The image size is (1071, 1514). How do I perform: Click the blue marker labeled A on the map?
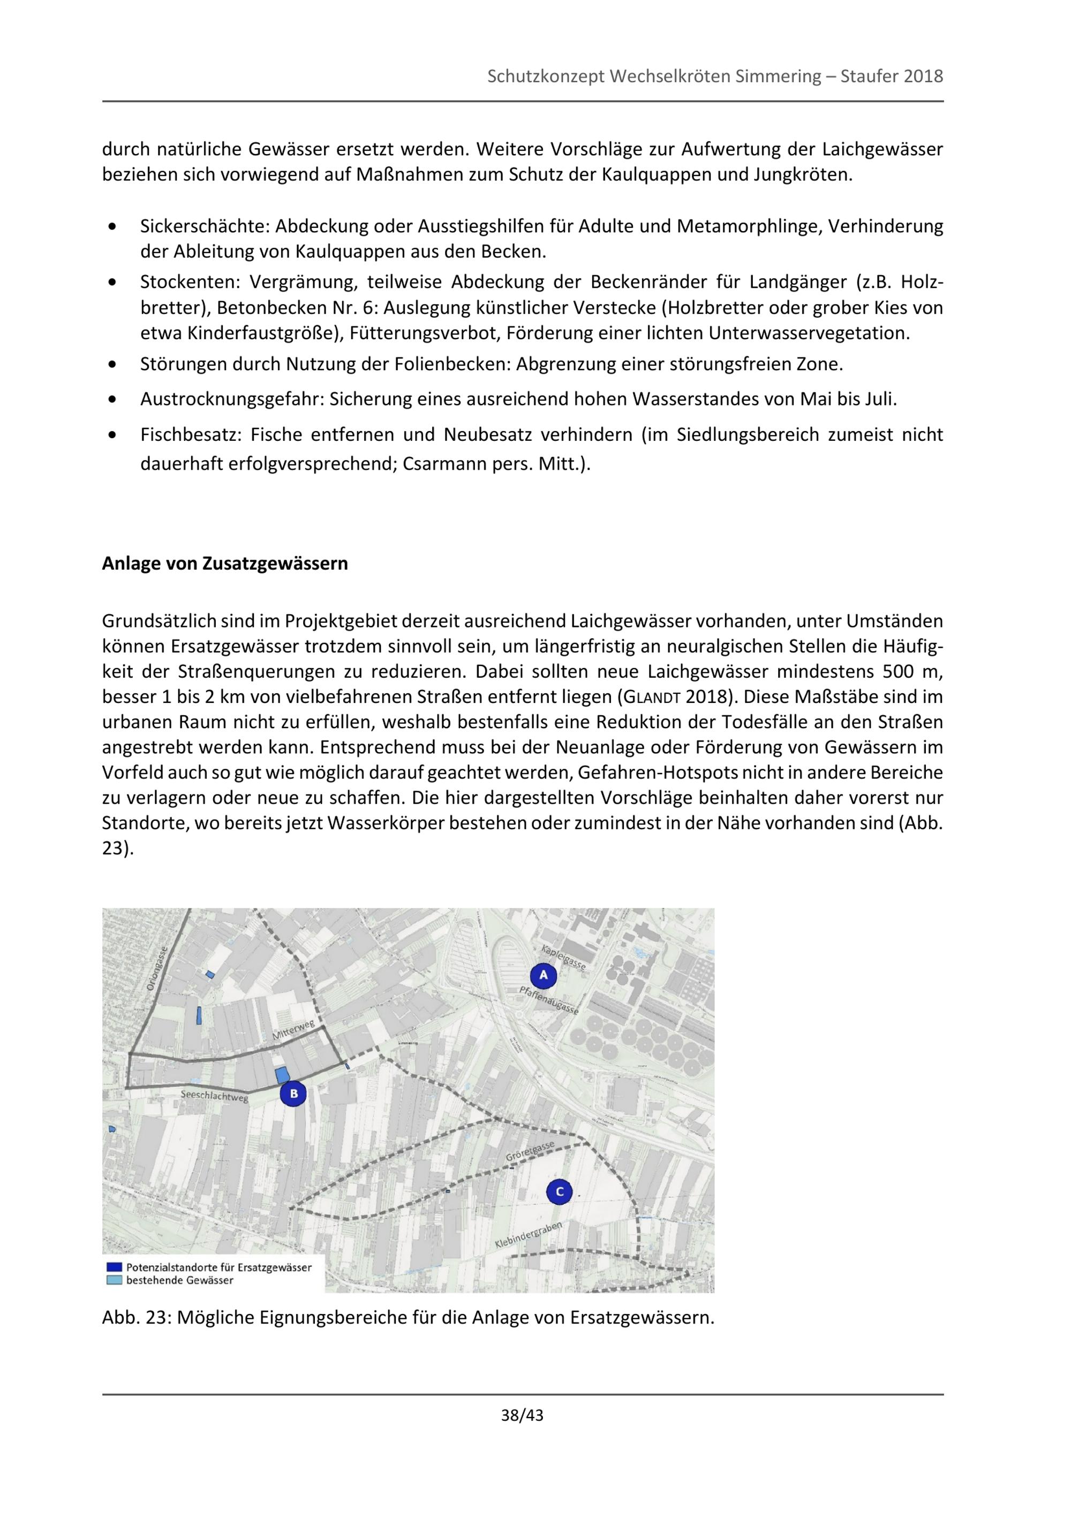(543, 975)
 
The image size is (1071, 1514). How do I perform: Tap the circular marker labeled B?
(293, 1094)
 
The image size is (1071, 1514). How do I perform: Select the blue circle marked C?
(560, 1191)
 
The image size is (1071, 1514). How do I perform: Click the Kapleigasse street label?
(563, 957)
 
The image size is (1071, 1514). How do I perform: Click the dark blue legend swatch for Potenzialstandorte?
(114, 1267)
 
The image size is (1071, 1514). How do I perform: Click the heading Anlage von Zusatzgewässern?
(225, 564)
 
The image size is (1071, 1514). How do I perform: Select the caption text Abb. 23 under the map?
(136, 1318)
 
